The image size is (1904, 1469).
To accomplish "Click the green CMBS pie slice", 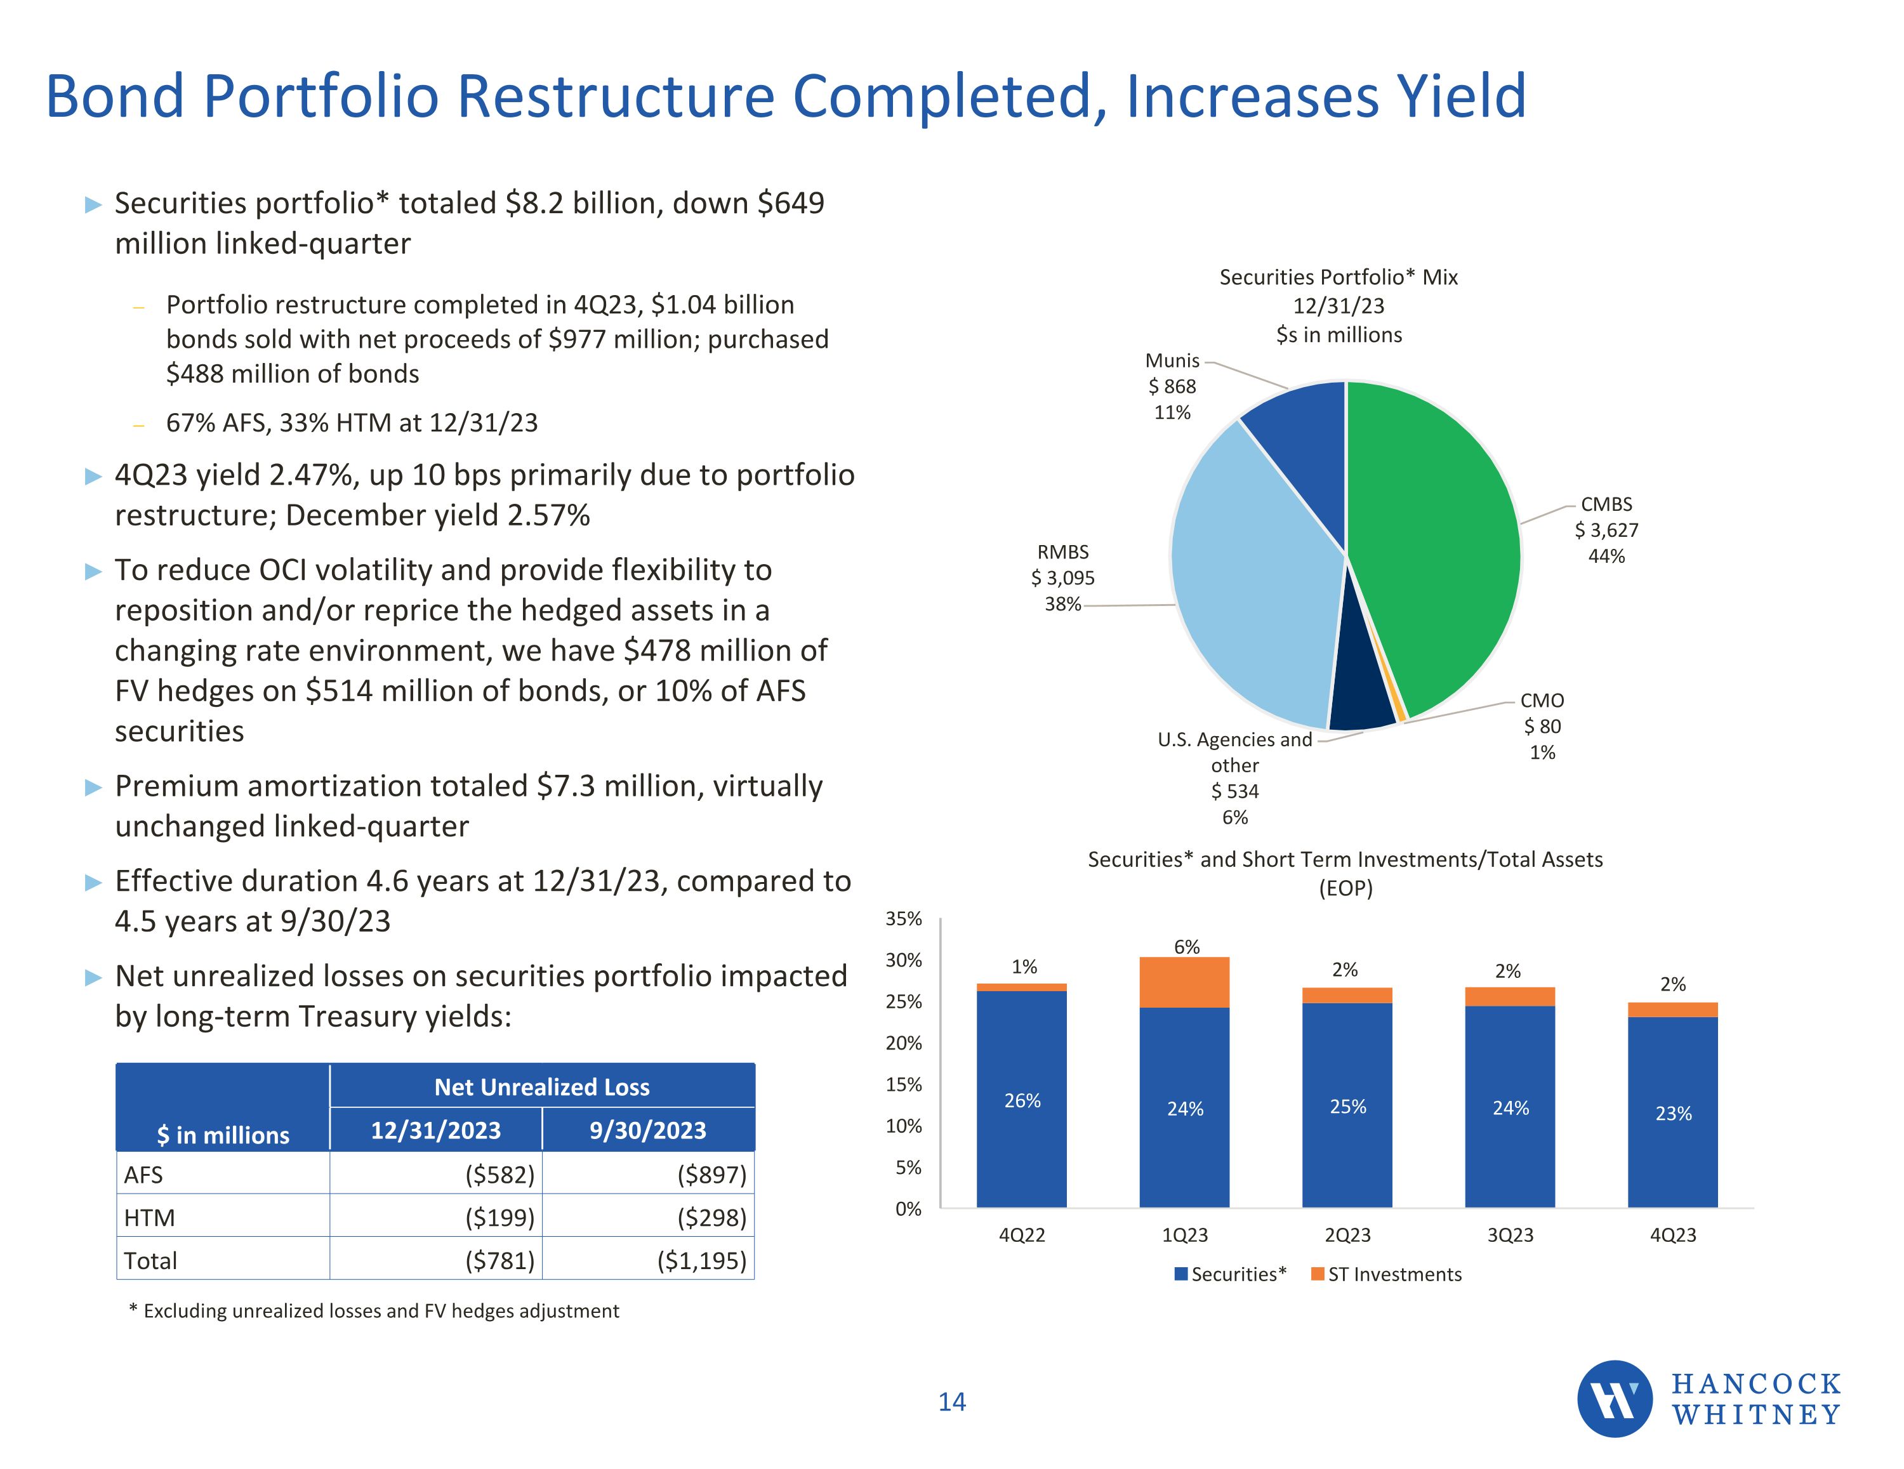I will pos(1438,541).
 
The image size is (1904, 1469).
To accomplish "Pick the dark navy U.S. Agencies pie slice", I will pos(1360,688).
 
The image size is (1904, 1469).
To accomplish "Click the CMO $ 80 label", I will pos(1542,725).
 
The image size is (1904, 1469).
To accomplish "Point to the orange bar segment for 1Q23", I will pos(1184,982).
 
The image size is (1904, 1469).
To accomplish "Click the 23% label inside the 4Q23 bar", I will pos(1673,1113).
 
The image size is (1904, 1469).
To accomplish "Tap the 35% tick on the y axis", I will pos(903,918).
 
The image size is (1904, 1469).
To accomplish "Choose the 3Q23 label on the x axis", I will pos(1510,1234).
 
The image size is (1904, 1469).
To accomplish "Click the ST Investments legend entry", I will pos(1386,1274).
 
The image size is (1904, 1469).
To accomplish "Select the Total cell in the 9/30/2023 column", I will pos(648,1260).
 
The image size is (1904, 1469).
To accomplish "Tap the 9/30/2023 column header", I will pos(648,1130).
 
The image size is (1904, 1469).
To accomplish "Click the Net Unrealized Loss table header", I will pos(541,1086).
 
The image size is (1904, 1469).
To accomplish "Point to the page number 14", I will pos(952,1402).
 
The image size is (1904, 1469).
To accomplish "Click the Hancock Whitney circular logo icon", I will pos(1615,1399).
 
